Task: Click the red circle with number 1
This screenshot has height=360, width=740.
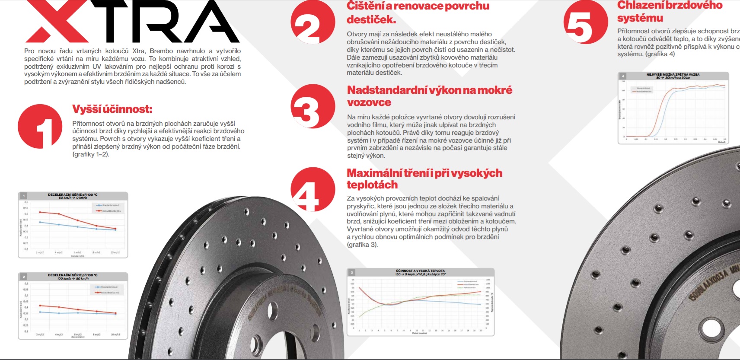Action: point(40,126)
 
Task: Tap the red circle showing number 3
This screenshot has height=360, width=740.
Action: point(313,106)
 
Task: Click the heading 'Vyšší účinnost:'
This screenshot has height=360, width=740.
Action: point(112,109)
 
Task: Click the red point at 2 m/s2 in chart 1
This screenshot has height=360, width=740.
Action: point(40,212)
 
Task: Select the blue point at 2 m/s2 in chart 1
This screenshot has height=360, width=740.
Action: point(40,222)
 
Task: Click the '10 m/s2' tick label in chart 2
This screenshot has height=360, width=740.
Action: point(115,335)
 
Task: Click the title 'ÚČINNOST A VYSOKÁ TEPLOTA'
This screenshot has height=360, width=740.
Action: point(420,271)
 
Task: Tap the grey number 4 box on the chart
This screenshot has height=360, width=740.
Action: point(623,76)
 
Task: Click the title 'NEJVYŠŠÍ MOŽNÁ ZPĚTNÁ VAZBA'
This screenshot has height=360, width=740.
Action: point(673,74)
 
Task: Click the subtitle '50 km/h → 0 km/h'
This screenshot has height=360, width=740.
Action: point(73,198)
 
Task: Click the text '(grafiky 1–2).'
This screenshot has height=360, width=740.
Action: point(91,154)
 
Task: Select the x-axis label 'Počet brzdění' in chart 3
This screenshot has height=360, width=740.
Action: point(419,333)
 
